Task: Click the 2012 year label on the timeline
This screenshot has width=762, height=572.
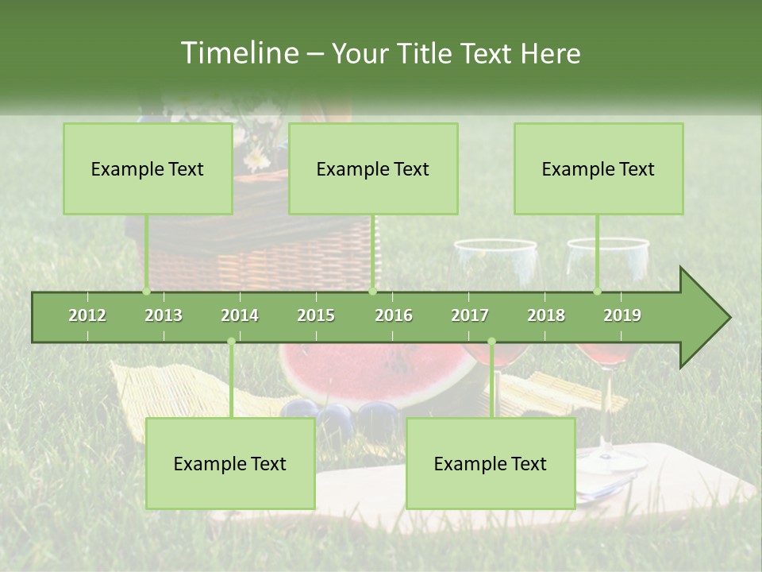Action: tap(87, 315)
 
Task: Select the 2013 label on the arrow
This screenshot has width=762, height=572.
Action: tap(164, 315)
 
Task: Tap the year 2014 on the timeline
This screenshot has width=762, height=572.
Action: tap(240, 315)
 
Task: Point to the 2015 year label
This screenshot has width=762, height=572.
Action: tap(316, 315)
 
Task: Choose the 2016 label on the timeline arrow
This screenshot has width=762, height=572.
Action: tap(394, 315)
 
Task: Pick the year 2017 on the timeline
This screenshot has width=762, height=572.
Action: tap(470, 315)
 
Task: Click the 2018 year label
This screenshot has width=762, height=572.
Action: tap(546, 315)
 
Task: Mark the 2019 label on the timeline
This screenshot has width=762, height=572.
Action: tap(622, 315)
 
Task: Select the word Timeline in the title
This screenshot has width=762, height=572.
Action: tap(237, 53)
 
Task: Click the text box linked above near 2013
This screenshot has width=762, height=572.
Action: tap(148, 168)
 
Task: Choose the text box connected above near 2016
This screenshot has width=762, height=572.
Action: tap(373, 168)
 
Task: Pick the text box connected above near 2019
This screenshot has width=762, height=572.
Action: tap(598, 168)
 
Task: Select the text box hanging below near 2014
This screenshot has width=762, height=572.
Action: tap(230, 463)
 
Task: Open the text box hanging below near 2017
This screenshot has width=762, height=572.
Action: tap(491, 463)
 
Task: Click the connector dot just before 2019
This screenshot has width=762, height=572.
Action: tap(598, 291)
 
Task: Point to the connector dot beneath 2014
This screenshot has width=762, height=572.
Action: tap(231, 342)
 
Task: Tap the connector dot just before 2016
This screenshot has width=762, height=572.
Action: tap(372, 291)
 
